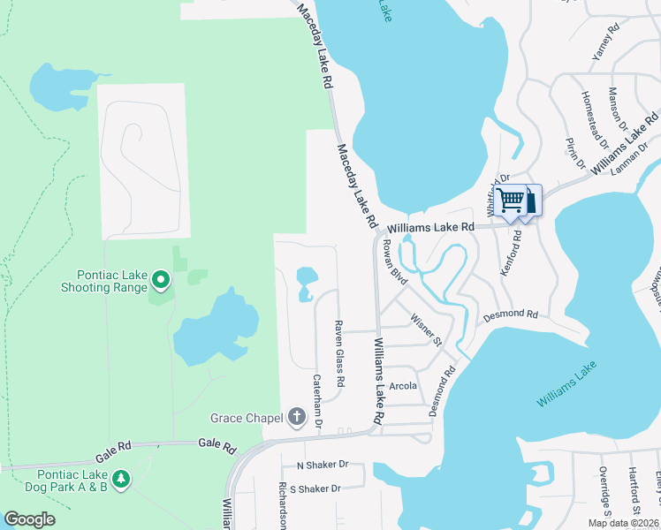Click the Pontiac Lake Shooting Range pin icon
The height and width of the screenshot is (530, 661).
click(160, 281)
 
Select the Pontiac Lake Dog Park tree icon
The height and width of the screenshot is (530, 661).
click(120, 479)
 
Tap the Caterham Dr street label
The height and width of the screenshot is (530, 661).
click(317, 401)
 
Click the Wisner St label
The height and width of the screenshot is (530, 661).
click(424, 329)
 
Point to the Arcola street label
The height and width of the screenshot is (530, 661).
click(402, 386)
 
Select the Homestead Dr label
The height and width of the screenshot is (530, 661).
click(593, 118)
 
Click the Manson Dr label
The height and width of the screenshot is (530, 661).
click(619, 110)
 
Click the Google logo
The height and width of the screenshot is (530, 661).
click(29, 519)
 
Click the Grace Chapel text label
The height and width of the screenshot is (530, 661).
click(246, 417)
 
